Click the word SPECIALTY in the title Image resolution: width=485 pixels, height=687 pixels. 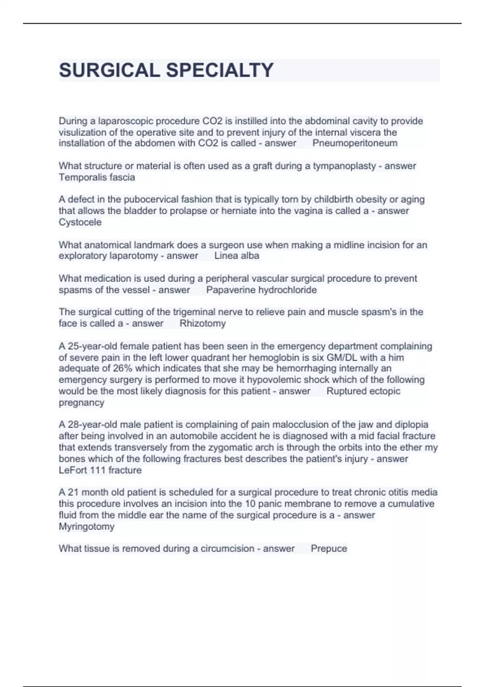pyautogui.click(x=220, y=70)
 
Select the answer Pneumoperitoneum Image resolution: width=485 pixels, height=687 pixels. pyautogui.click(x=355, y=143)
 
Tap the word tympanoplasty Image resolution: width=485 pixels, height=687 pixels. pyautogui.click(x=344, y=166)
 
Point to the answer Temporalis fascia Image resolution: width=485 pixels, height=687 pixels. pyautogui.click(x=97, y=177)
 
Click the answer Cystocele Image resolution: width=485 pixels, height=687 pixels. pyautogui.click(x=80, y=222)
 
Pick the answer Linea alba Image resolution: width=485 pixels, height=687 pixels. pyautogui.click(x=237, y=256)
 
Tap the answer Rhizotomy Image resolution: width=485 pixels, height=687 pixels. pyautogui.click(x=202, y=324)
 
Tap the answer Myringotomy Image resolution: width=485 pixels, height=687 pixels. pyautogui.click(x=86, y=527)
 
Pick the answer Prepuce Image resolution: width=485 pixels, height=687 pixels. pyautogui.click(x=329, y=549)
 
